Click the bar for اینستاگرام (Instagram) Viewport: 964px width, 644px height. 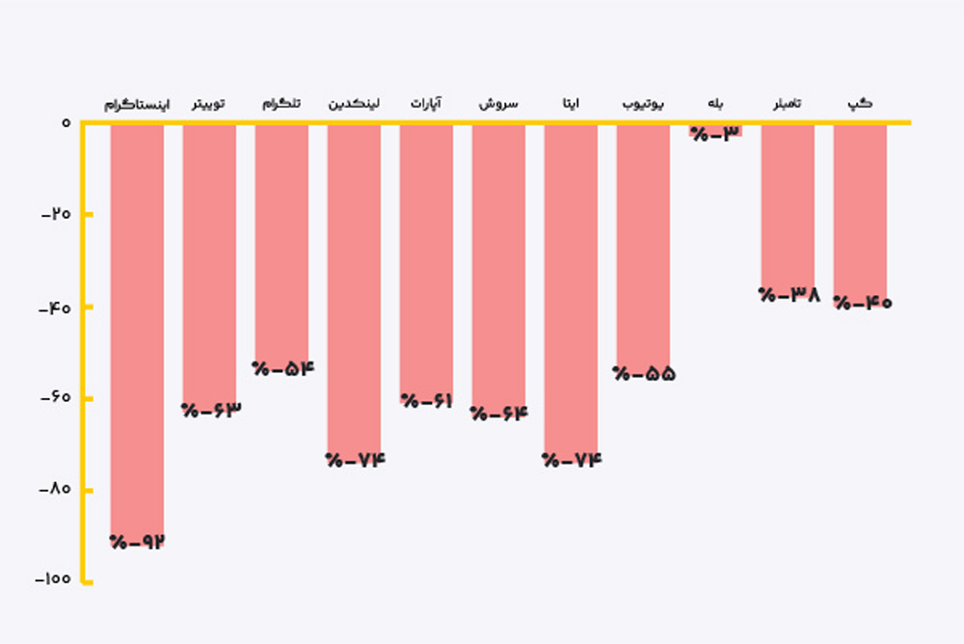137,328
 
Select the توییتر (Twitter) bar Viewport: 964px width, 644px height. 209,260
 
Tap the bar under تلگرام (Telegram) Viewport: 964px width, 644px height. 281,241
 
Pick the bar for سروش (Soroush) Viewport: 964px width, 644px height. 498,260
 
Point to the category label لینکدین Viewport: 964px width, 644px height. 354,103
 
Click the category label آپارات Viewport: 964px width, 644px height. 426,103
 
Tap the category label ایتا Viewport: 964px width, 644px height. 571,103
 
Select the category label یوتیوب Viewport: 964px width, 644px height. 643,103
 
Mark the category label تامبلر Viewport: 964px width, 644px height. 788,103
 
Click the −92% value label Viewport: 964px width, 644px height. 138,542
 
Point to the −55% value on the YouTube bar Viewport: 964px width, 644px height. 644,374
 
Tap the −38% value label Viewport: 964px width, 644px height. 789,296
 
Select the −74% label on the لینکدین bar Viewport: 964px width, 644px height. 355,460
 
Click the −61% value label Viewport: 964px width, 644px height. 427,401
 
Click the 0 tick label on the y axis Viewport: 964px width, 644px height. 66,122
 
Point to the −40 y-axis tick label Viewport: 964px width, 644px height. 56,307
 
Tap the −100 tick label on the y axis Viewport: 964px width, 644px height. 53,579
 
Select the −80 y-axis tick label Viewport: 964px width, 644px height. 56,489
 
